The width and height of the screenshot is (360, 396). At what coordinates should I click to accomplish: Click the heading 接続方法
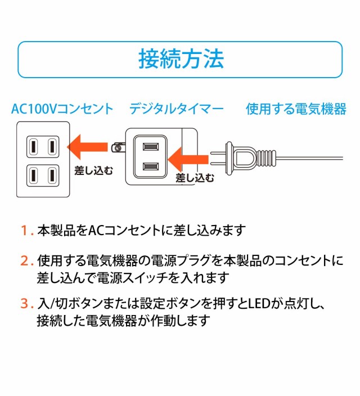181,58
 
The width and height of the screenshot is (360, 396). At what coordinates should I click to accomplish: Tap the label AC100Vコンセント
62,109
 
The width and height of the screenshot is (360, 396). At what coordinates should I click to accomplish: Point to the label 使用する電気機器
296,109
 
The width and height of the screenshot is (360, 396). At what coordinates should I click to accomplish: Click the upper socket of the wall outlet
42,147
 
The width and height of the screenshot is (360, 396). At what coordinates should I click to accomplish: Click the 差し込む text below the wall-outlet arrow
93,169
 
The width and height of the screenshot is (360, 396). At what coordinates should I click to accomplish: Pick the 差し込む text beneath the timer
195,178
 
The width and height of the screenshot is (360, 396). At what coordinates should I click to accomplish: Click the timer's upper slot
150,147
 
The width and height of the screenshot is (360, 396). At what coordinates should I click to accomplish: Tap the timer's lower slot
150,166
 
